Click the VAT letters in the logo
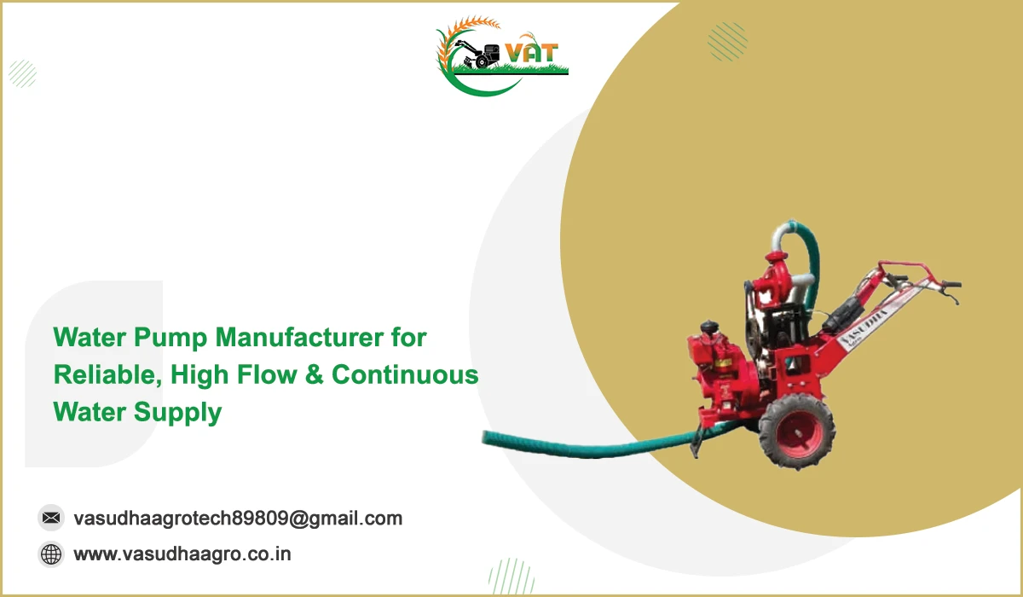coord(532,53)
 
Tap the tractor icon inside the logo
coord(477,55)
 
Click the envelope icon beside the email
coord(50,518)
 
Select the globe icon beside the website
coord(50,554)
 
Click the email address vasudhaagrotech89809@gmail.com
coord(238,519)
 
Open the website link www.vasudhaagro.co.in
coord(182,554)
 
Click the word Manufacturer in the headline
coord(299,338)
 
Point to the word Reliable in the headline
coord(107,375)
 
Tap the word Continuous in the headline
coord(405,375)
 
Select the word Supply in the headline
coord(177,413)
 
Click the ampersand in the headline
coord(314,375)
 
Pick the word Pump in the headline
coord(170,339)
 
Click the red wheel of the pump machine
coord(797,432)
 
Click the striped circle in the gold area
coord(727,41)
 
